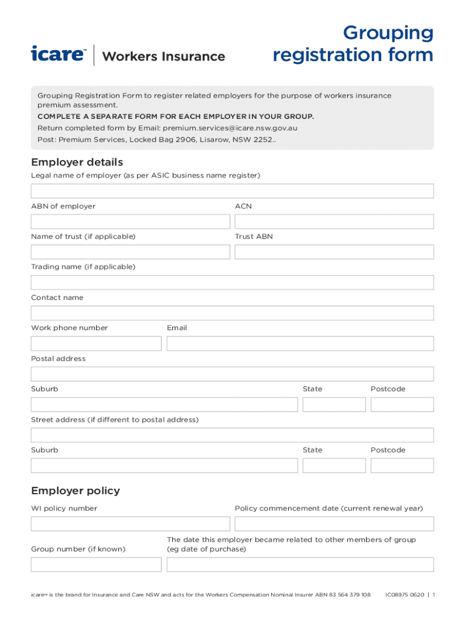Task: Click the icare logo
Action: click(x=59, y=54)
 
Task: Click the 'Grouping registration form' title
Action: click(x=353, y=44)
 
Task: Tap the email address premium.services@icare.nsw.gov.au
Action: click(x=230, y=128)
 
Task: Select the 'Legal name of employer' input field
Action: click(x=232, y=191)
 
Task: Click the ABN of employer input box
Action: click(x=130, y=221)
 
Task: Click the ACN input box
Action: click(x=334, y=221)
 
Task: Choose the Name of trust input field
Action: click(x=130, y=252)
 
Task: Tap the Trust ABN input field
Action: click(x=334, y=252)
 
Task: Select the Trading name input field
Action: click(x=232, y=282)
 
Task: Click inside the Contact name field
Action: click(x=232, y=313)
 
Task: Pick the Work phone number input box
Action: click(x=96, y=343)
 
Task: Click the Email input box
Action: click(x=300, y=343)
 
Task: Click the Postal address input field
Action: click(x=232, y=374)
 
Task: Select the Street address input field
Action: click(x=232, y=435)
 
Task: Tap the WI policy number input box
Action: click(x=130, y=524)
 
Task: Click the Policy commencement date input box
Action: click(x=334, y=524)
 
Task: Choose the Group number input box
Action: click(x=96, y=564)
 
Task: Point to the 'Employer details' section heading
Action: click(x=77, y=162)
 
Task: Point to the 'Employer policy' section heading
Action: click(x=75, y=491)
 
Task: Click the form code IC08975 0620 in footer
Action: click(x=405, y=595)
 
